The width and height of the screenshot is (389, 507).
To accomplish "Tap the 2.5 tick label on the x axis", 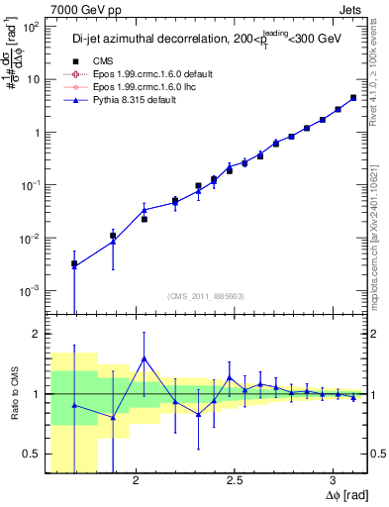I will [235, 482].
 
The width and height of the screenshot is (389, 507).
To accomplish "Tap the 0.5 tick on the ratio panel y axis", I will [30, 454].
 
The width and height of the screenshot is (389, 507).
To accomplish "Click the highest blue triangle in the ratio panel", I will [145, 359].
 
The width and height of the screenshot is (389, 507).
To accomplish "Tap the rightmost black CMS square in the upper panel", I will [353, 98].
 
